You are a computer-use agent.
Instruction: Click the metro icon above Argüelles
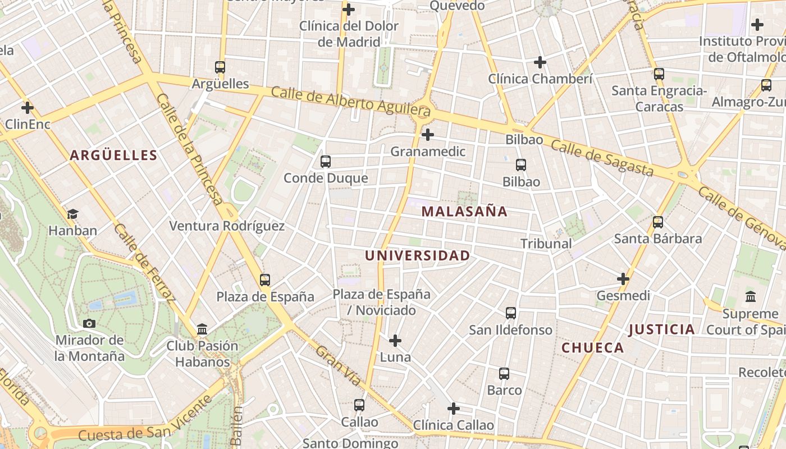(220, 67)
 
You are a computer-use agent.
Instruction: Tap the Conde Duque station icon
(325, 162)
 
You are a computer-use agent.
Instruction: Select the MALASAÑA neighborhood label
(464, 212)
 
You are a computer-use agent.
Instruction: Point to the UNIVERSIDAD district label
(418, 256)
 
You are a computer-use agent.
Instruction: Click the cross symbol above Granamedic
(428, 135)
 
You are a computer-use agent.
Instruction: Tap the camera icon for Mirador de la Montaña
(89, 323)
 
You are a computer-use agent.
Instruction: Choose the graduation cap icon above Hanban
(72, 214)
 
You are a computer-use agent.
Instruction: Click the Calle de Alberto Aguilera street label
(351, 101)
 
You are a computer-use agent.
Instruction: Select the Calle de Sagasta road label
(602, 158)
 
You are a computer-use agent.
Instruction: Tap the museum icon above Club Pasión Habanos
(202, 329)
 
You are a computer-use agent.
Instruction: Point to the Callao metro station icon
(359, 405)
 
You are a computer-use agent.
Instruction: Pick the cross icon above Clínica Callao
(454, 409)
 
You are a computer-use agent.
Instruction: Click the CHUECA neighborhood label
(593, 348)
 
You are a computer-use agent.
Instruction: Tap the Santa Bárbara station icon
(658, 222)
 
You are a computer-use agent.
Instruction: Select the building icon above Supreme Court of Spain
(750, 296)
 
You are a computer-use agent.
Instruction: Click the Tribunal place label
(546, 244)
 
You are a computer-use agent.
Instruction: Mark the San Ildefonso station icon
(510, 313)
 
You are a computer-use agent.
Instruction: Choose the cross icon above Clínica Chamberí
(540, 62)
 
